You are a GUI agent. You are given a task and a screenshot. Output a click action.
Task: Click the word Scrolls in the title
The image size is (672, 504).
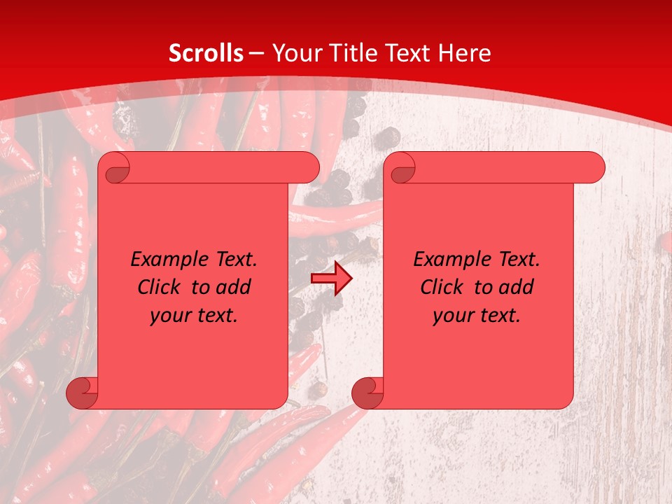206,53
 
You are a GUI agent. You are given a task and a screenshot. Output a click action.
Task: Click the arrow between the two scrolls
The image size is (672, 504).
331,279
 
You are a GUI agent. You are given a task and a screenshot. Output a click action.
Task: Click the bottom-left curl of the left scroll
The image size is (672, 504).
83,393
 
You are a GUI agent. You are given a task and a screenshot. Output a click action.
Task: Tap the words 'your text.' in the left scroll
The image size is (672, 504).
194,315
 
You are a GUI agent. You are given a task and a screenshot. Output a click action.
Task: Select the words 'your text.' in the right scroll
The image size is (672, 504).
476,315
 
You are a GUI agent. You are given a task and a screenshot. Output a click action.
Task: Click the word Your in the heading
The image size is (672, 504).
295,53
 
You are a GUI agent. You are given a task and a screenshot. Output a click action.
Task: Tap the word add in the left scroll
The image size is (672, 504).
234,287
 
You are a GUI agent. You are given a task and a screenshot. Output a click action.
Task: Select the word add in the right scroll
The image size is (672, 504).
517,287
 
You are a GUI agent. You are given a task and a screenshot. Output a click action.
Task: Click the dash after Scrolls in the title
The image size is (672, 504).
256,53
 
